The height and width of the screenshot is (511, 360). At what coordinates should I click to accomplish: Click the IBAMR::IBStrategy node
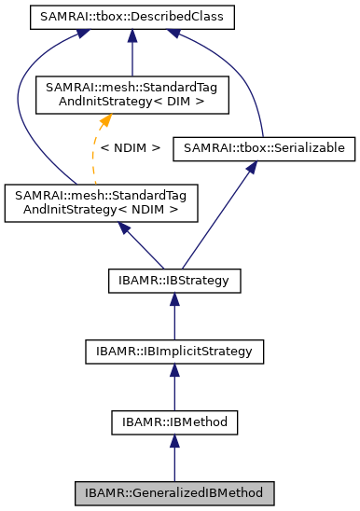coord(173,279)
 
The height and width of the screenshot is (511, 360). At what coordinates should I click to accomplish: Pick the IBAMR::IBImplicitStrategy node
coord(173,351)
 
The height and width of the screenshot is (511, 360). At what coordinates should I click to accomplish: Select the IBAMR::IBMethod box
coord(173,422)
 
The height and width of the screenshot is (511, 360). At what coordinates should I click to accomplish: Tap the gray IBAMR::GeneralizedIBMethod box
coord(173,491)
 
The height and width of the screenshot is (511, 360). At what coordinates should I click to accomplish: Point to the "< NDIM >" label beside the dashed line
coord(131,147)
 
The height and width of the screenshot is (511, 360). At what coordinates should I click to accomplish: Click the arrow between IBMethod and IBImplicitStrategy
coord(173,387)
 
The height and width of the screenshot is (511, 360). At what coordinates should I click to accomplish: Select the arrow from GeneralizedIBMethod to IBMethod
coord(173,459)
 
